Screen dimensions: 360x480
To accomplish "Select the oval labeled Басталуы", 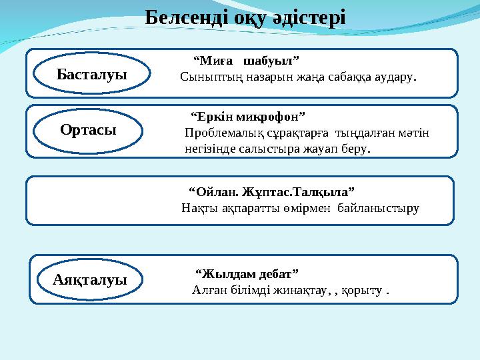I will click(x=91, y=73).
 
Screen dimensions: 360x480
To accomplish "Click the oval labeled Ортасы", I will click(x=88, y=130).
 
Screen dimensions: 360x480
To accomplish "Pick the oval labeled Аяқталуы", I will click(x=90, y=280).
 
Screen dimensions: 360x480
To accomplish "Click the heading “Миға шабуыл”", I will click(x=245, y=61).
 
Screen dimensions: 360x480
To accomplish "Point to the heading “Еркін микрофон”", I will click(x=248, y=117).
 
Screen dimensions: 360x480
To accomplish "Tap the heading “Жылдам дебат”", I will click(x=247, y=274).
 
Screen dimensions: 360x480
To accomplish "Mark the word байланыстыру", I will click(x=379, y=208).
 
